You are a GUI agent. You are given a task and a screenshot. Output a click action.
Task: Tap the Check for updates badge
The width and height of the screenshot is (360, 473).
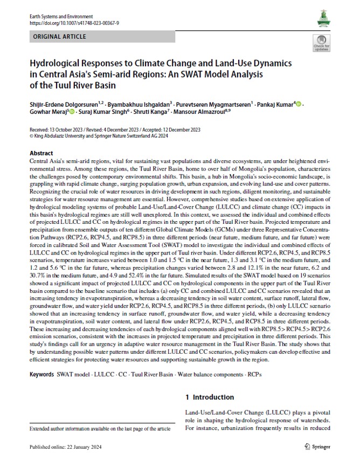tap(322, 43)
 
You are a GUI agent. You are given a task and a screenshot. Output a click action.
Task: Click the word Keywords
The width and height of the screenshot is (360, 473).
tap(42, 374)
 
